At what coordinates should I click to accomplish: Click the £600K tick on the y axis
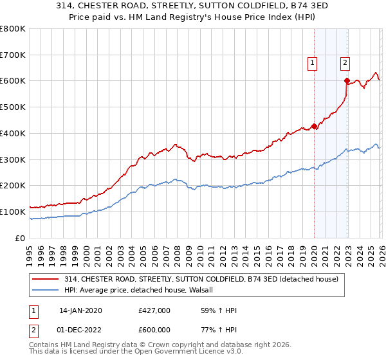coord(13,81)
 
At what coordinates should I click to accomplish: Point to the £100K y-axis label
coord(13,212)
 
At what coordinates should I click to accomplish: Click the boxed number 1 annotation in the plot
coord(313,62)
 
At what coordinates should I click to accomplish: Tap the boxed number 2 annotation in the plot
coord(345,62)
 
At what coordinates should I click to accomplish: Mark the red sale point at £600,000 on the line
coord(347,81)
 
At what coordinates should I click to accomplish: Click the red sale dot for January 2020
coord(314,126)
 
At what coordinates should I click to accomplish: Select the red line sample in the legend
coord(46,279)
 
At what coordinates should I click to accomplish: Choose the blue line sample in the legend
coord(46,290)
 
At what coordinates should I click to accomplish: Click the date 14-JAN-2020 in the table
coord(80,310)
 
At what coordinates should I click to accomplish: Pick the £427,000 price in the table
coord(154,310)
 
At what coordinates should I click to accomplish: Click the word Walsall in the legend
coord(208,290)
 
